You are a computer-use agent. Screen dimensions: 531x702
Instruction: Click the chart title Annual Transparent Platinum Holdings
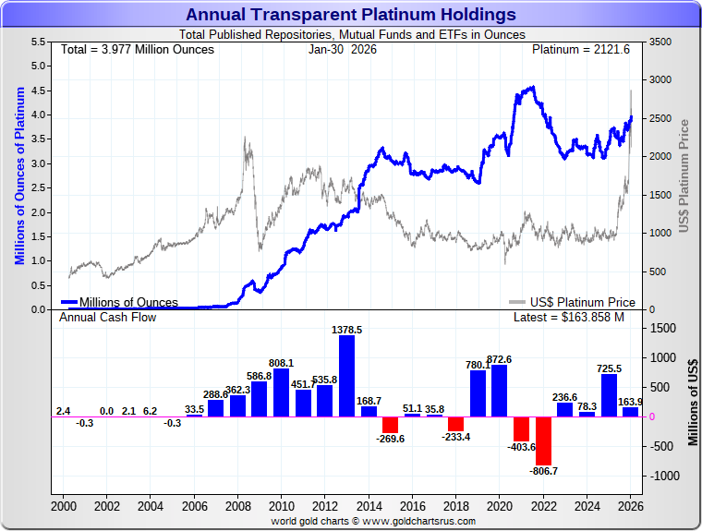point(350,14)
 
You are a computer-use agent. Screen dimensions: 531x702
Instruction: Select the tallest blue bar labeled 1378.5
point(347,376)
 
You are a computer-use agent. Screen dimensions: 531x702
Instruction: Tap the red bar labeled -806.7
point(543,440)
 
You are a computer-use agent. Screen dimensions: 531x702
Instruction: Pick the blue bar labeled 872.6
point(500,391)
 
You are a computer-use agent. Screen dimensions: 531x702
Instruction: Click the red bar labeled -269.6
point(390,425)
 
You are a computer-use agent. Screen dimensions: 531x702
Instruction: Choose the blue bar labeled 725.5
point(609,395)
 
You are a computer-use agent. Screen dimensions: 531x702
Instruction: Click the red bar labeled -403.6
point(522,428)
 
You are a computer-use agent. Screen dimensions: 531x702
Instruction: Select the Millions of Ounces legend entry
point(120,302)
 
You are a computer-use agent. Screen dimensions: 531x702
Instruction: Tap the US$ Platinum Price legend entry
point(573,302)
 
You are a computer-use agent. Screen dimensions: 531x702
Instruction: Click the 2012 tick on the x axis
point(325,506)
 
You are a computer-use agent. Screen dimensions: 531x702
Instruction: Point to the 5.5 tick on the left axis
point(39,42)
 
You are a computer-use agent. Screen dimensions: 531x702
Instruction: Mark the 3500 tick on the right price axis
point(660,42)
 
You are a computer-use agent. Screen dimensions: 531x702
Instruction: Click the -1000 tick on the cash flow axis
point(664,476)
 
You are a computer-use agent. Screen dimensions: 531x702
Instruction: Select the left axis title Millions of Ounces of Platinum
point(19,175)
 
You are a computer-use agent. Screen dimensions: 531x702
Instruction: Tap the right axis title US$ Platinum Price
point(684,175)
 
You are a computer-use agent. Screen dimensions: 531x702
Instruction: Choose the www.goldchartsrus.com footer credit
point(373,521)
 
